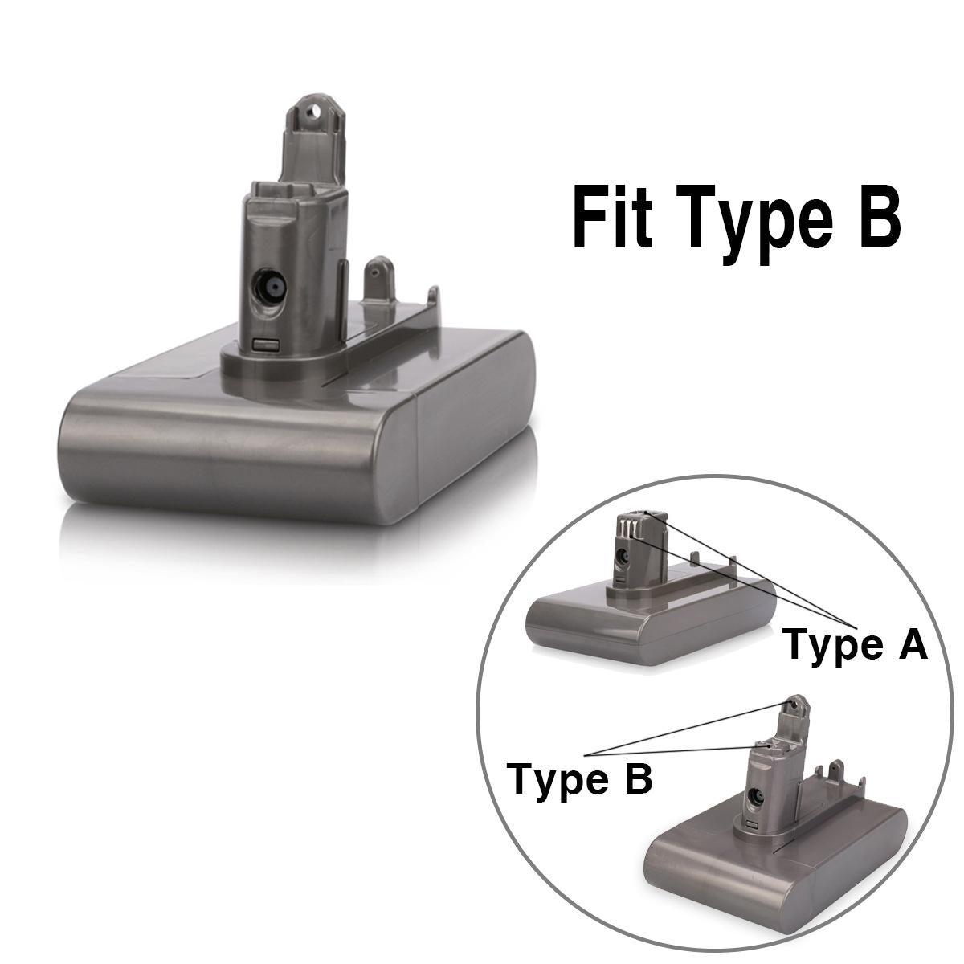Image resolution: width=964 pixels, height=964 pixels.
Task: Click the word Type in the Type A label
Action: (x=831, y=647)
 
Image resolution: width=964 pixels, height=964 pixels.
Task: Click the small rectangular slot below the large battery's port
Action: (x=266, y=344)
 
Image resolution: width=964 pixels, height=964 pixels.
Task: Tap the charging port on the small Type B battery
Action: (x=756, y=799)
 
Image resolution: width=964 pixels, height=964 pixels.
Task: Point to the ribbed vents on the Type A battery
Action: (x=627, y=529)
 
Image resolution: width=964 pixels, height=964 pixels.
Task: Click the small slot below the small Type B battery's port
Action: (x=753, y=828)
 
